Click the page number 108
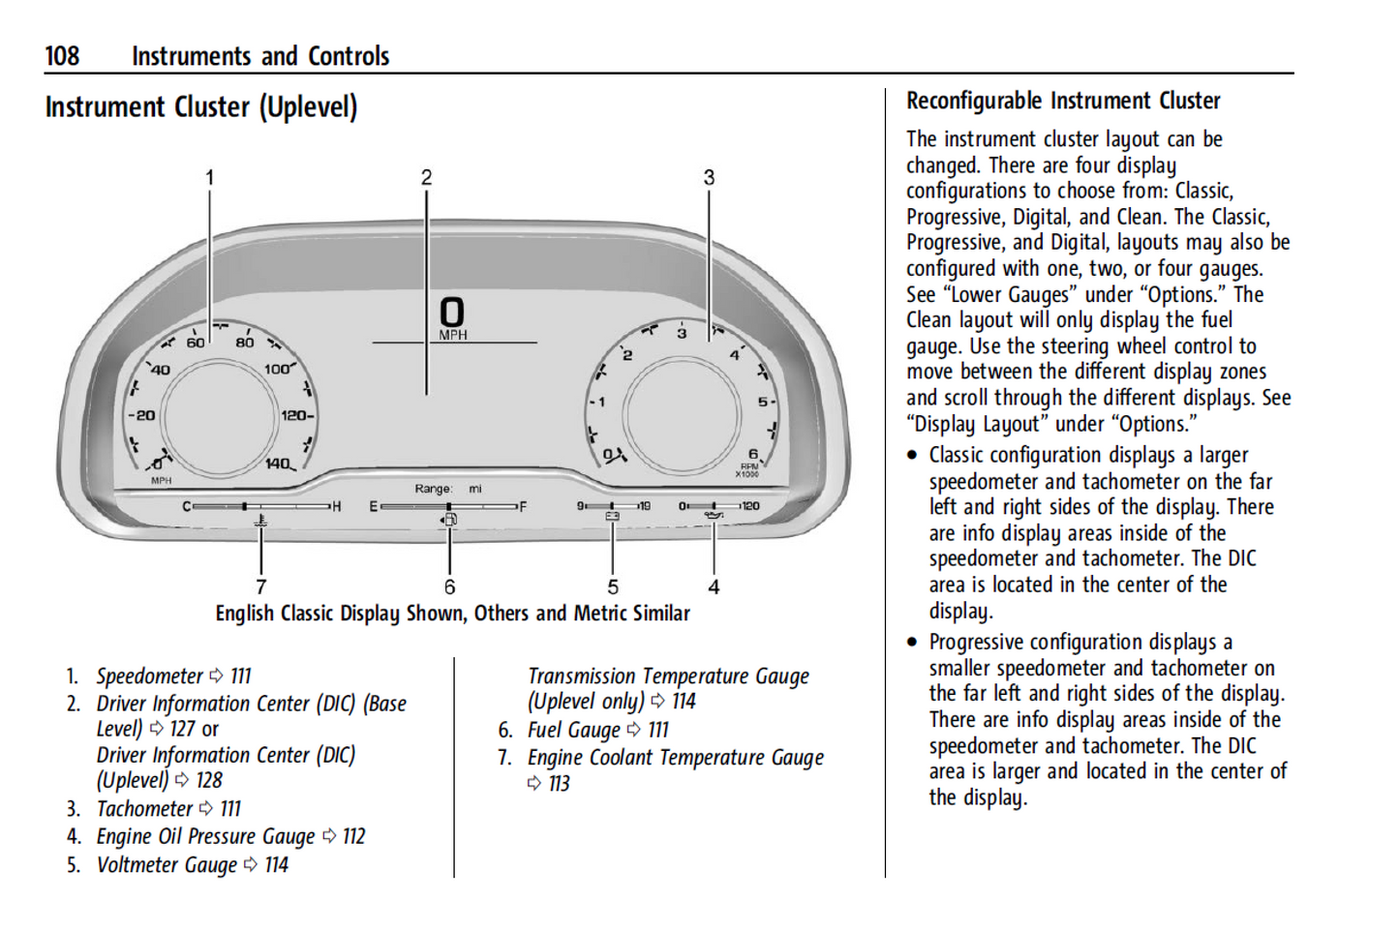[x=62, y=56]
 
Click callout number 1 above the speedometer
[x=209, y=177]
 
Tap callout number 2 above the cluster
[x=426, y=177]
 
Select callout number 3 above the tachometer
[x=709, y=177]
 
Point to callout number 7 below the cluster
[x=260, y=586]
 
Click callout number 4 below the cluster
[x=714, y=586]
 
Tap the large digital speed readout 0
[x=452, y=313]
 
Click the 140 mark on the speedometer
[x=277, y=464]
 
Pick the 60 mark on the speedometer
[x=196, y=343]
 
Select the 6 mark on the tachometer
[x=753, y=454]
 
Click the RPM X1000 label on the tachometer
[x=748, y=470]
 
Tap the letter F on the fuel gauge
[x=523, y=506]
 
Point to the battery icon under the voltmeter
[x=612, y=518]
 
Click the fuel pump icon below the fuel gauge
[x=449, y=520]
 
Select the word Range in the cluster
[x=433, y=489]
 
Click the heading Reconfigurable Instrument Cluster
[x=1062, y=101]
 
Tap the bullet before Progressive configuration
[x=912, y=642]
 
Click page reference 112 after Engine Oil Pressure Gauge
[x=353, y=836]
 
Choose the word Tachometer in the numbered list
[x=144, y=808]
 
